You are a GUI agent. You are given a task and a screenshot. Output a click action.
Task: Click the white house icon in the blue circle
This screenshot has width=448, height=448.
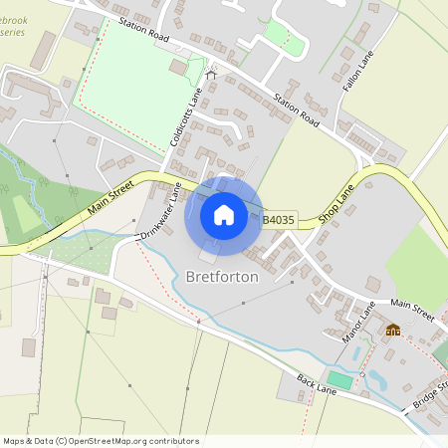(223, 215)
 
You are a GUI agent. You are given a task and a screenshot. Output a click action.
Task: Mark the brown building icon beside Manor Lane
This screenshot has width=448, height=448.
(393, 330)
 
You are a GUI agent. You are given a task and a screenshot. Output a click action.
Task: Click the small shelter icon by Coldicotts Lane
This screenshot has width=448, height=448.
(210, 75)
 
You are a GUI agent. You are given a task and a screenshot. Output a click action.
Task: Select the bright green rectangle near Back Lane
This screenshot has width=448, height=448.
(339, 380)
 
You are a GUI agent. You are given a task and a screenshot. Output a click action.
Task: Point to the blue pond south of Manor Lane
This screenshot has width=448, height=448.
(376, 379)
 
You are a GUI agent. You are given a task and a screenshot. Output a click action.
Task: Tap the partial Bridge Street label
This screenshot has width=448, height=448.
(432, 396)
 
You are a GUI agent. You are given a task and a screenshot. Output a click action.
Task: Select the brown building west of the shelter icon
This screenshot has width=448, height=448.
(179, 68)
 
